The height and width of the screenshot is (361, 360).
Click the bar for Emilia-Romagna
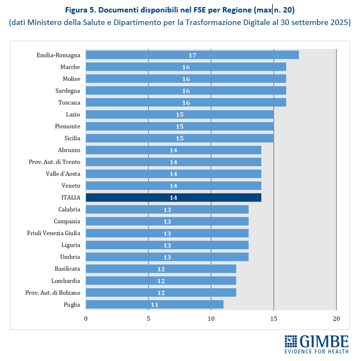(192, 55)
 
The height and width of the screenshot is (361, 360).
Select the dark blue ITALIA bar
(173, 198)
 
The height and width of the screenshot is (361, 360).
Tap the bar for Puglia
(155, 305)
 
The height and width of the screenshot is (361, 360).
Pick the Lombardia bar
(161, 281)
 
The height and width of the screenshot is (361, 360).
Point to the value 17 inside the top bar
(192, 55)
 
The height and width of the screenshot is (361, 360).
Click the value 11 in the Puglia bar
(155, 305)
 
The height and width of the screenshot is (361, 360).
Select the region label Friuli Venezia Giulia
(53, 233)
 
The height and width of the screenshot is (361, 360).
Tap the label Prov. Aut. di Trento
(54, 162)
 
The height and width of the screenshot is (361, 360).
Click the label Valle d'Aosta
(63, 174)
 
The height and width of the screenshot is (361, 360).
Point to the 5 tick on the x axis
(149, 318)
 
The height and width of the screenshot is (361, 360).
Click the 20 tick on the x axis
(336, 318)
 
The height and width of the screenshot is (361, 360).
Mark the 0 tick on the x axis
(86, 318)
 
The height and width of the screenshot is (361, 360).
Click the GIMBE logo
(317, 342)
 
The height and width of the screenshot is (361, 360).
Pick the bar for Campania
(167, 221)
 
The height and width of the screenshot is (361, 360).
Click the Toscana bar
(186, 103)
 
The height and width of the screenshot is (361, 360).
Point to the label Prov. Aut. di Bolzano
(53, 293)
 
